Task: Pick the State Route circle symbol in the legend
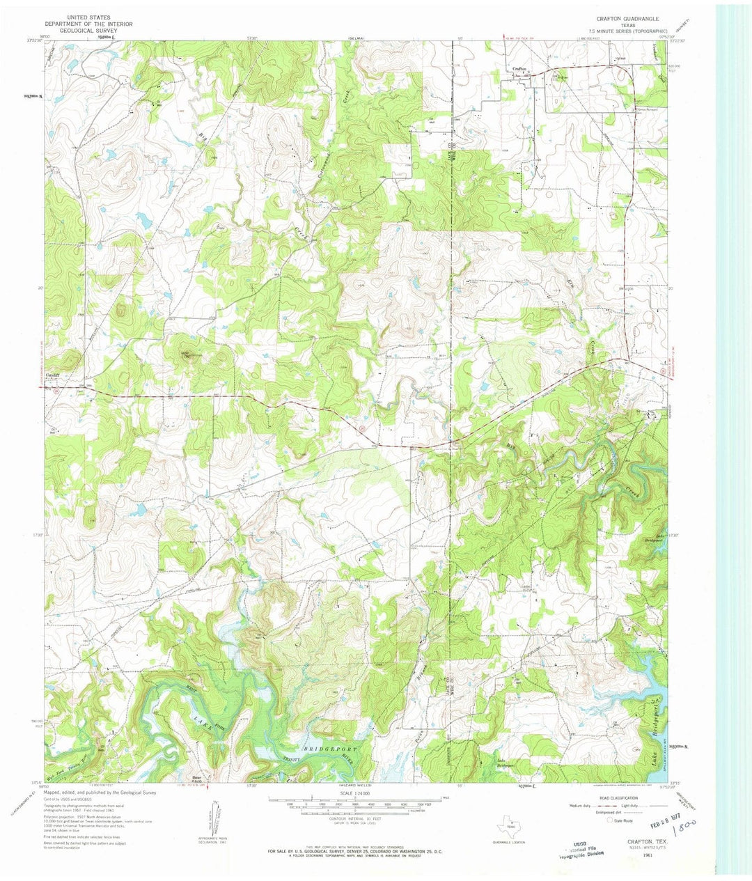[611, 821]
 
